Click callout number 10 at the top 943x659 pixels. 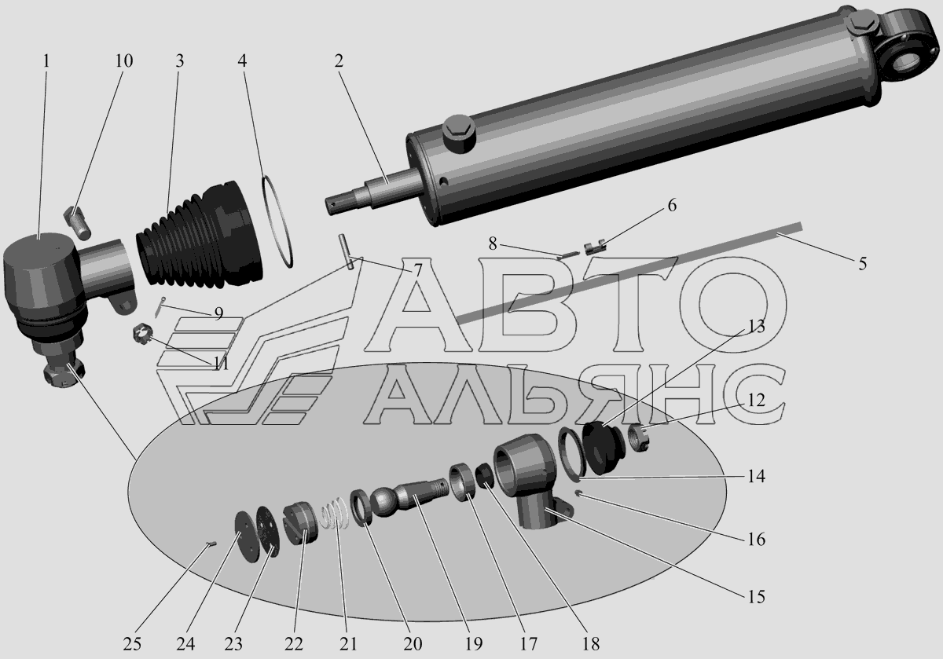(x=124, y=61)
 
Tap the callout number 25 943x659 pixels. (x=132, y=644)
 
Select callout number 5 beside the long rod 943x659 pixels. (x=863, y=264)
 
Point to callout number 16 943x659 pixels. (x=756, y=539)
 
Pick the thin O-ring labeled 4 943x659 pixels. (x=277, y=221)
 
